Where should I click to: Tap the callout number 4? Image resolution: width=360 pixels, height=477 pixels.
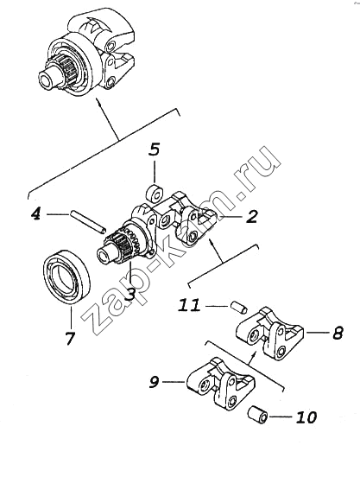coord(36,214)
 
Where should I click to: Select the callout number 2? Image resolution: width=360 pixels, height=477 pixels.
coord(251,216)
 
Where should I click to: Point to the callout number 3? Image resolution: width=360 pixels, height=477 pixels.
coord(130,294)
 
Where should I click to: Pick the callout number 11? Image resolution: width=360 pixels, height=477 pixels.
coord(189,305)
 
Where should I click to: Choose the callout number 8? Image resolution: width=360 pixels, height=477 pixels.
coord(338,333)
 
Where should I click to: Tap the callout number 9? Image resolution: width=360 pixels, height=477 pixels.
coord(154,381)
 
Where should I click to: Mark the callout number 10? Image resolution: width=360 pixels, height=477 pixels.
coord(306,417)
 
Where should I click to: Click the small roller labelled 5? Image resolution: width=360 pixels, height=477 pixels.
coord(155,194)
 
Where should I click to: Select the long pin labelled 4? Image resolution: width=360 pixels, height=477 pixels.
coord(87,222)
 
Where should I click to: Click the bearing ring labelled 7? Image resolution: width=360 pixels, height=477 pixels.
coord(67,277)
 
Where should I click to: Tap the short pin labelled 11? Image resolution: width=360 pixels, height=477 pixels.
coord(239,307)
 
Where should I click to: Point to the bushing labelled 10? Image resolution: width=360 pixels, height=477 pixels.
coord(258,415)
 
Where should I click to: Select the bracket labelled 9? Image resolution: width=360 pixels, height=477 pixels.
coord(219,383)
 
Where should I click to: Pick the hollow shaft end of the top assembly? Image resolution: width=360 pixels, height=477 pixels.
coord(47,79)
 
